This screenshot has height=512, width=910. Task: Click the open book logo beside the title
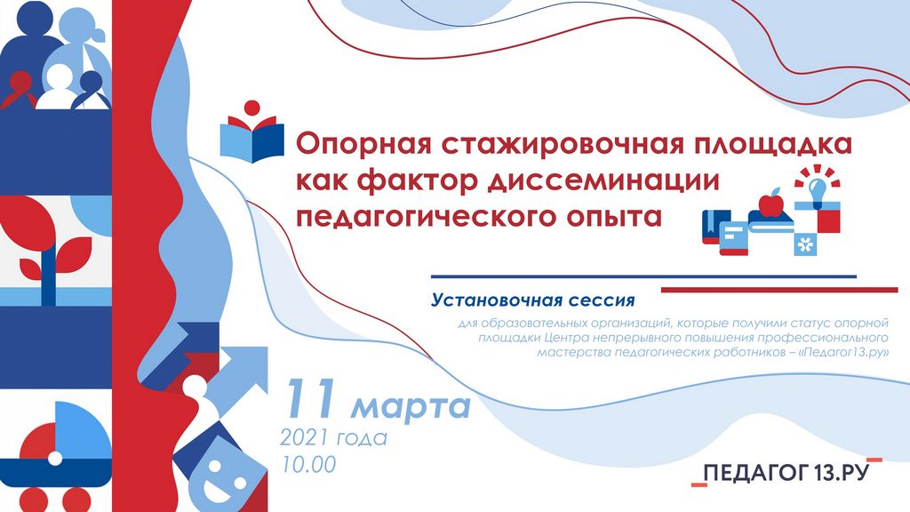click(251, 132)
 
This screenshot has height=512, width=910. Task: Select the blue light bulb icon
click(818, 189)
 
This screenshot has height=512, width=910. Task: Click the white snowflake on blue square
click(805, 244)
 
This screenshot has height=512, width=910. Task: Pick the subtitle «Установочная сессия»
click(533, 300)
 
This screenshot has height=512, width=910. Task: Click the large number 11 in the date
click(312, 398)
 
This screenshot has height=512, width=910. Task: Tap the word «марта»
click(411, 406)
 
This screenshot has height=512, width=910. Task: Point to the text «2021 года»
click(333, 437)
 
